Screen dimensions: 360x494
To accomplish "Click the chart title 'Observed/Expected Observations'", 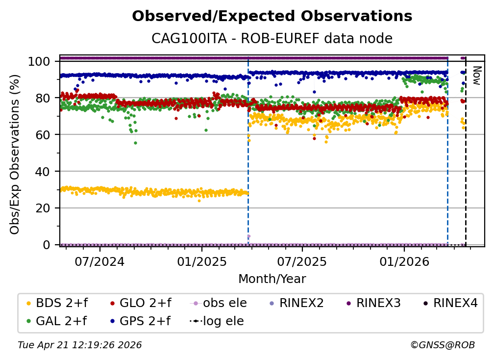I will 272,16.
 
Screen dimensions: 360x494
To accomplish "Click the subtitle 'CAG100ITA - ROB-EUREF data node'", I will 272,38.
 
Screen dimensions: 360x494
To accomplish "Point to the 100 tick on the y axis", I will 42,61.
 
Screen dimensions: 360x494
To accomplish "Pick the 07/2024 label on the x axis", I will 100,260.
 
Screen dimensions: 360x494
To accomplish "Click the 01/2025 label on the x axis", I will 201,260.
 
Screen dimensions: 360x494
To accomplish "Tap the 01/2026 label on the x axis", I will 404,260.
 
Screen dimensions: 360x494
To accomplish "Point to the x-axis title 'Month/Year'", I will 272,279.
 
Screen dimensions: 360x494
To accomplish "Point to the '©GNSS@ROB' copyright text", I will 442,345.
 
